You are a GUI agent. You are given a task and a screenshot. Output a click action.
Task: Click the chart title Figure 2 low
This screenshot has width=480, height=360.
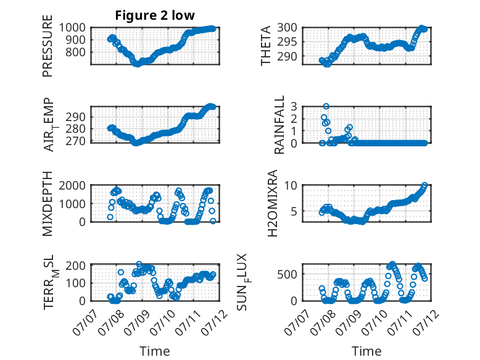click(x=155, y=15)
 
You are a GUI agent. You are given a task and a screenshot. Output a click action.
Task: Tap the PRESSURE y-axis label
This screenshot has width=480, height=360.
click(x=48, y=46)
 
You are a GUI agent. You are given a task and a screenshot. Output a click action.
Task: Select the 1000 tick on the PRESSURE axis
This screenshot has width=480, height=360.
click(x=72, y=28)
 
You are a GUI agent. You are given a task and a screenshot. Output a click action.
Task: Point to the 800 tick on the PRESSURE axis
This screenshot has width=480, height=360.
click(x=75, y=52)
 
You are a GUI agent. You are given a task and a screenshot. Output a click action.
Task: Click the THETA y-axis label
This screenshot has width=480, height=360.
click(x=266, y=46)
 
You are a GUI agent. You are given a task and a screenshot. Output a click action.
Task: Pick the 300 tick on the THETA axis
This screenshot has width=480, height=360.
click(x=287, y=28)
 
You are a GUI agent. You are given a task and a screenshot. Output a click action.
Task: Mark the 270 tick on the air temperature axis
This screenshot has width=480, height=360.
click(x=75, y=141)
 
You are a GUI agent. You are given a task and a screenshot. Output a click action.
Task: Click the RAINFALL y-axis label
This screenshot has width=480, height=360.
click(x=279, y=124)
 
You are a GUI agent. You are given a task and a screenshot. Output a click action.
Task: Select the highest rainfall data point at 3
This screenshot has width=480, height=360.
click(x=326, y=106)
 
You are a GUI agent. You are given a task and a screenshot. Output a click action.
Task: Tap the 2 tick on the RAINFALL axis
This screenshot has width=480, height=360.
click(x=294, y=119)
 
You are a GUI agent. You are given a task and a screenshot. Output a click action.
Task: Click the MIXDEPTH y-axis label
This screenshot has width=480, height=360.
click(x=48, y=204)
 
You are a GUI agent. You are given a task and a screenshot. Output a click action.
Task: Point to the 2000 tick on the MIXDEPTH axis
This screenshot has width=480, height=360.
click(x=72, y=185)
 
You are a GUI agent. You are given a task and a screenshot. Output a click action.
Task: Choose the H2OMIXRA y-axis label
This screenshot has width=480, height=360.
click(x=272, y=203)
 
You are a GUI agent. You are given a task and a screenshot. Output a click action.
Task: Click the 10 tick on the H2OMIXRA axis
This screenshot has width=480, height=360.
click(x=291, y=185)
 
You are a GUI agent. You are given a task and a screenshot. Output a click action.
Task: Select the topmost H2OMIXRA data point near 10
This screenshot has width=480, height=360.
click(x=424, y=185)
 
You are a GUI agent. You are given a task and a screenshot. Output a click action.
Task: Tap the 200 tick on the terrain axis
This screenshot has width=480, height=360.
click(x=75, y=266)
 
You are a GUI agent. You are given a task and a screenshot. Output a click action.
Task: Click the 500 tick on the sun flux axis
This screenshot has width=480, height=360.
click(x=287, y=274)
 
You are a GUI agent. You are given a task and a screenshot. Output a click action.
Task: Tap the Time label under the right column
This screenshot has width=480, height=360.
click(x=366, y=351)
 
